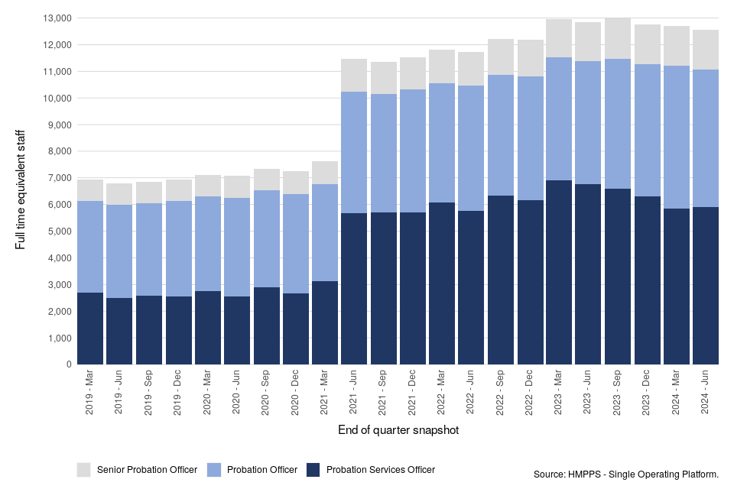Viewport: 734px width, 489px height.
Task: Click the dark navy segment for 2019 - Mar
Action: point(90,329)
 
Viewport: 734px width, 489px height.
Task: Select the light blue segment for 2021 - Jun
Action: point(354,153)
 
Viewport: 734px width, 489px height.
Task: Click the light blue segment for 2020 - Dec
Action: point(295,244)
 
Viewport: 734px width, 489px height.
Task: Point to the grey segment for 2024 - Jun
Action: point(706,50)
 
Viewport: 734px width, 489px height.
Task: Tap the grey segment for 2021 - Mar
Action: point(324,173)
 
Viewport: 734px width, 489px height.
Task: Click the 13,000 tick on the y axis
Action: point(57,18)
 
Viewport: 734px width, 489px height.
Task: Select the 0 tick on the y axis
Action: point(69,364)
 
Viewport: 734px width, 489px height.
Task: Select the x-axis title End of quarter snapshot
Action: point(398,431)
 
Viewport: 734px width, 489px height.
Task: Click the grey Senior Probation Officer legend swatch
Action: point(84,469)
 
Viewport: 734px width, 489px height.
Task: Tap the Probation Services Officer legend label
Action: point(380,470)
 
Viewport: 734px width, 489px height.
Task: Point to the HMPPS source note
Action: point(626,475)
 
